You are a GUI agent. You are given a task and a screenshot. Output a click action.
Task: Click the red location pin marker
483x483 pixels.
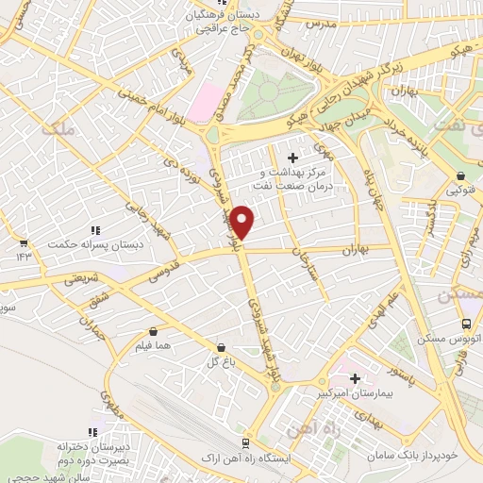(x=243, y=221)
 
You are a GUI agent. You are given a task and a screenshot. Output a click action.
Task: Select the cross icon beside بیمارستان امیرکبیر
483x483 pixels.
(x=355, y=378)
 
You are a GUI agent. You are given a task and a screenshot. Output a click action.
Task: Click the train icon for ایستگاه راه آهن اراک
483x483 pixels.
(x=245, y=441)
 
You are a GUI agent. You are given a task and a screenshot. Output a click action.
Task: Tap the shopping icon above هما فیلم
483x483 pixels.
(x=154, y=332)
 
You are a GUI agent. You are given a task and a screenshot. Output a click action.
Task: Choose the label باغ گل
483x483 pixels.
(x=218, y=361)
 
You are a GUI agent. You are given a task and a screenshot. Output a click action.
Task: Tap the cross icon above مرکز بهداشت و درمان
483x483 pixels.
(x=292, y=158)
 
